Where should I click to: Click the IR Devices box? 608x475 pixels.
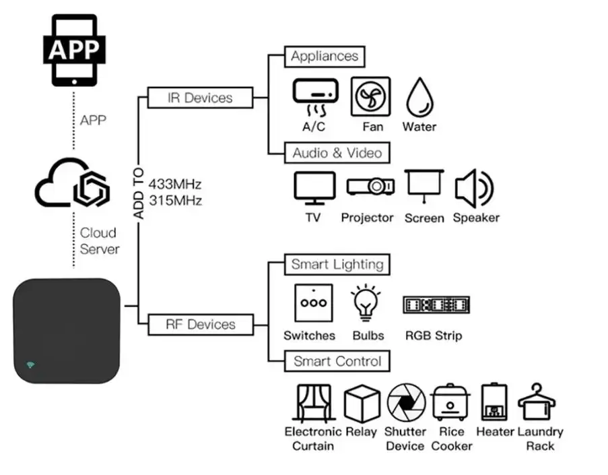200,98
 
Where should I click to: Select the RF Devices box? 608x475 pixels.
201,325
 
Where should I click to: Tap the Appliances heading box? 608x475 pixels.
325,57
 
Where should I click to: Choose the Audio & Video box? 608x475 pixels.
337,153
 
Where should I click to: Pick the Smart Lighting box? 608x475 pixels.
337,265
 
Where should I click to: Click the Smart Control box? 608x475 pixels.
337,361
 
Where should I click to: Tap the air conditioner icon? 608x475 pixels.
315,97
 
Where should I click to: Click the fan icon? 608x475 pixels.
371,96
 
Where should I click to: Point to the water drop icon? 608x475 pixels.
419,98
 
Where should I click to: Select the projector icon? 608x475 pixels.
371,186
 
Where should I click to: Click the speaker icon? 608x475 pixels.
474,189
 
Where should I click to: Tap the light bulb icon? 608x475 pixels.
366,303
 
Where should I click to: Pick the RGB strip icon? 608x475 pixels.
436,305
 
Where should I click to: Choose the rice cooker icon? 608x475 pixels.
450,402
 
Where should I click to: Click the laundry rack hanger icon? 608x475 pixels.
537,402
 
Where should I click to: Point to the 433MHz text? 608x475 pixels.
175,183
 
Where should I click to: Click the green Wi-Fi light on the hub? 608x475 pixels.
30,365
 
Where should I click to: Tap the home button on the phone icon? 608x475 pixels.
74,82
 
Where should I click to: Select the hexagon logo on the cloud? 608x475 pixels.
92,189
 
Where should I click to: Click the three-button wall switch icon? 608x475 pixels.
313,303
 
